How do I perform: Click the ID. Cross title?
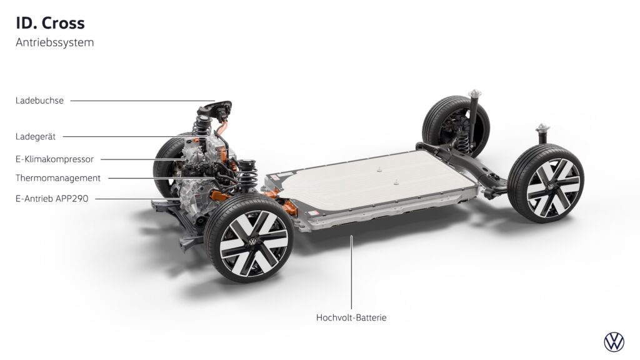(x=50, y=23)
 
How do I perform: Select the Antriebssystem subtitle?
(x=55, y=42)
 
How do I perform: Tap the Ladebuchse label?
(x=39, y=101)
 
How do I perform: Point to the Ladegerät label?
(x=36, y=137)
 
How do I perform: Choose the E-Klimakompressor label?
(x=55, y=159)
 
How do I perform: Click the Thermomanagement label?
(x=58, y=178)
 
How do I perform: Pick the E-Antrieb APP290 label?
(x=52, y=199)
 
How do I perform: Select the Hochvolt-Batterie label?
(x=351, y=317)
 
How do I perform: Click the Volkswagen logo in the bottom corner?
(x=614, y=342)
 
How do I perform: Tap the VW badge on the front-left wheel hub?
(x=253, y=242)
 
